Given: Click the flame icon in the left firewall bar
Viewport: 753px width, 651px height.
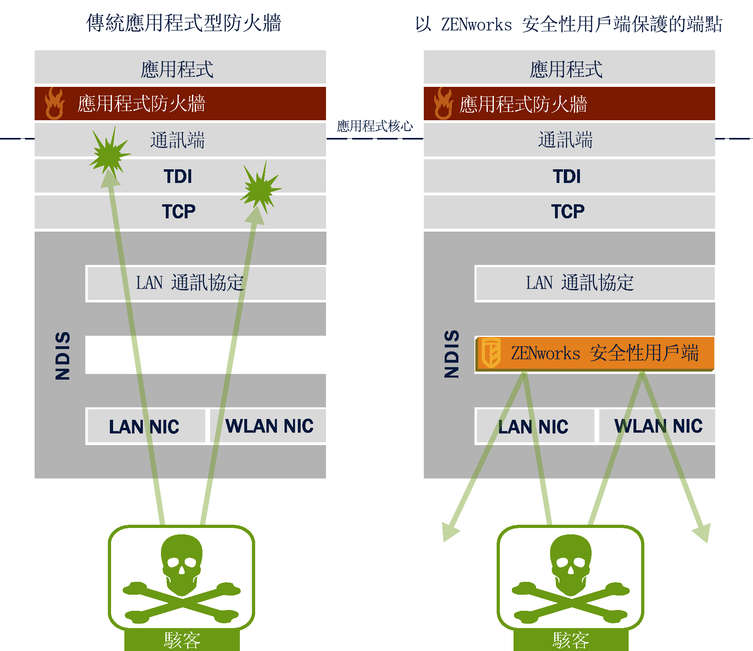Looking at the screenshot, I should pyautogui.click(x=54, y=104).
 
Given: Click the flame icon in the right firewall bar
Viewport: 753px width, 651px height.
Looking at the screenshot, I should pyautogui.click(x=444, y=104).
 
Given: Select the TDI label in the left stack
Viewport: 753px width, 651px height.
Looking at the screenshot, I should pyautogui.click(x=178, y=177).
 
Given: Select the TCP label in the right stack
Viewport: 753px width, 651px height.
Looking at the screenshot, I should pyautogui.click(x=567, y=212).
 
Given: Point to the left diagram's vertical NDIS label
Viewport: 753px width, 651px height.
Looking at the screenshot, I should pyautogui.click(x=63, y=355).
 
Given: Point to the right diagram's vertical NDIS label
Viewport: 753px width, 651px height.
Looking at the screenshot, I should pyautogui.click(x=452, y=354).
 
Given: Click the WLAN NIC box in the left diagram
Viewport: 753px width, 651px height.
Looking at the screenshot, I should pyautogui.click(x=268, y=426).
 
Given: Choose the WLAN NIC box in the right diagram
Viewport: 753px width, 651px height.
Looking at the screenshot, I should pyautogui.click(x=658, y=426).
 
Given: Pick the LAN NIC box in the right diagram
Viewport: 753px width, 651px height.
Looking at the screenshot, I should pyautogui.click(x=534, y=426).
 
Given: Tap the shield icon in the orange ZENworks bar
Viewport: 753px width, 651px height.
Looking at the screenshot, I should pyautogui.click(x=491, y=353).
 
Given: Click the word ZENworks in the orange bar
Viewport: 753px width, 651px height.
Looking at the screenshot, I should pyautogui.click(x=545, y=353).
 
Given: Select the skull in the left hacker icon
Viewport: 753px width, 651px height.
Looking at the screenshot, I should pyautogui.click(x=182, y=563).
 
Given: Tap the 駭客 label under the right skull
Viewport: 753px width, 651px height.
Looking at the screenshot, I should pyautogui.click(x=571, y=640).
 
